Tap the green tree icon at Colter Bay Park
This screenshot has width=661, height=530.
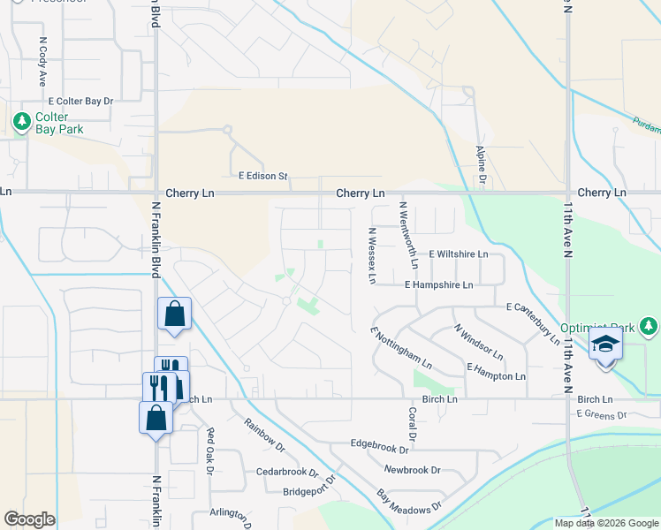click(x=20, y=119)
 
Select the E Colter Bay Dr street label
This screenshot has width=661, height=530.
click(x=81, y=102)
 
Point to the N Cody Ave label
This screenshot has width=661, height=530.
click(x=42, y=61)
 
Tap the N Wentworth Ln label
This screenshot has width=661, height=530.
click(x=409, y=235)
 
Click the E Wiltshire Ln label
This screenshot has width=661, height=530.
click(x=458, y=254)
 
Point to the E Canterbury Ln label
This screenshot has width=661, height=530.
click(x=533, y=319)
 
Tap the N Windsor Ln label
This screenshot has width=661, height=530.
click(x=478, y=342)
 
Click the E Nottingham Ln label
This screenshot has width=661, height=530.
click(x=401, y=348)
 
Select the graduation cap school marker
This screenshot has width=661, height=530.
click(x=606, y=344)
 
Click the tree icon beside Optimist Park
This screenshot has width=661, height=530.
click(x=650, y=327)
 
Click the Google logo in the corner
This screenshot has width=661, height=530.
click(x=30, y=519)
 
